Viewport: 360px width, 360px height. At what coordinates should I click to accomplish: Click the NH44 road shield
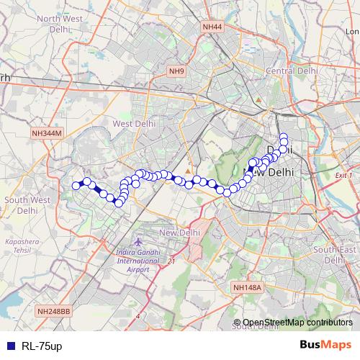tap(212, 27)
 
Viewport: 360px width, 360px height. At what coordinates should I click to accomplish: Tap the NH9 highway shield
tap(176, 71)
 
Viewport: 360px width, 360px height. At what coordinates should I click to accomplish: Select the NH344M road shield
tap(48, 134)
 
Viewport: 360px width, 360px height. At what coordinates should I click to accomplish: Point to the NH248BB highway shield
tap(53, 312)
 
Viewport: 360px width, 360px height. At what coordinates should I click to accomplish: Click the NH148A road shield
tap(249, 288)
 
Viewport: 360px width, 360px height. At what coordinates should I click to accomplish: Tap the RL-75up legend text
tap(42, 346)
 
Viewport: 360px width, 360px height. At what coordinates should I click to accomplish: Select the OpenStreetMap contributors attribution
tap(297, 322)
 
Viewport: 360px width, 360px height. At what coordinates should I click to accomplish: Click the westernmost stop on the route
tap(76, 186)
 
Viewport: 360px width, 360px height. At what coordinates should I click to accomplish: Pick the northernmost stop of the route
tap(284, 136)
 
